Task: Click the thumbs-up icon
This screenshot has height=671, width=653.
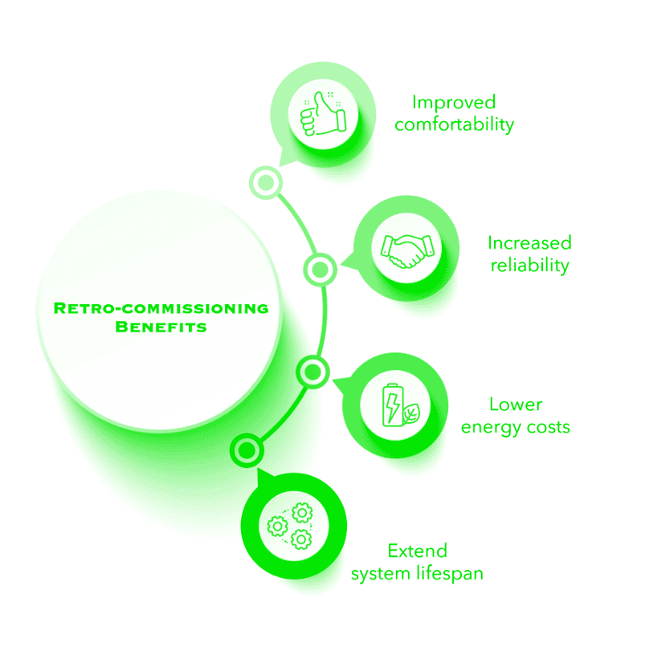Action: point(323,114)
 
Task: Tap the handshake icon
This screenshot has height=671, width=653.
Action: point(407,251)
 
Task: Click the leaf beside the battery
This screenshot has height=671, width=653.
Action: point(411,413)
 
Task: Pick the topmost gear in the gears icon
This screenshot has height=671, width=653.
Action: point(302,512)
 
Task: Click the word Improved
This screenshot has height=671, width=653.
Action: point(454,102)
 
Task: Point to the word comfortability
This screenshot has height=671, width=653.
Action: point(455,124)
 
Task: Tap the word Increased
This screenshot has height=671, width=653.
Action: point(529,242)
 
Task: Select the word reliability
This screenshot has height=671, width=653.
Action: point(529,265)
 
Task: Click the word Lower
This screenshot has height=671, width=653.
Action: point(516,405)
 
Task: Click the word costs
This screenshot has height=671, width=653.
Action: point(549,427)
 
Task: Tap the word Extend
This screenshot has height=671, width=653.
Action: point(418,551)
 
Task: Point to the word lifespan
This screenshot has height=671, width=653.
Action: point(450,573)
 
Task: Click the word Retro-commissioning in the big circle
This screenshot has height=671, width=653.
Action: point(161,308)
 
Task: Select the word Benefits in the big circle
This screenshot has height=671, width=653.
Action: point(161,327)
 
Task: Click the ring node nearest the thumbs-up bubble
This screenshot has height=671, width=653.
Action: point(266,183)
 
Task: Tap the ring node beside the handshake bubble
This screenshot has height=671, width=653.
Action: point(320,270)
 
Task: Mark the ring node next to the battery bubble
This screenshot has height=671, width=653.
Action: point(313,372)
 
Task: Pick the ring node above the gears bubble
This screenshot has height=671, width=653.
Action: point(247,450)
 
